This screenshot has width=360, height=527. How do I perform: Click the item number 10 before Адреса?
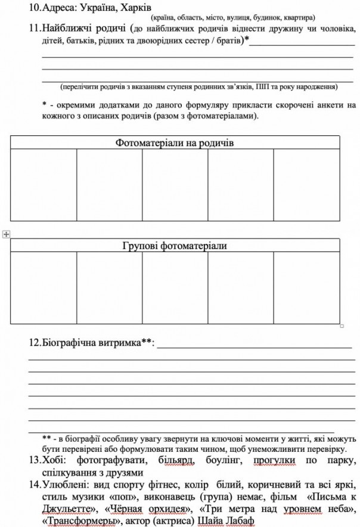pos(35,8)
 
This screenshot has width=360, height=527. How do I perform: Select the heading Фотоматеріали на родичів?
pos(175,142)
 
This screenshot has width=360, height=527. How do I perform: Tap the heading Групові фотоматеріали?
pos(175,246)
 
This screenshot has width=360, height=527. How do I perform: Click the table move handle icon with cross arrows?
pos(5,234)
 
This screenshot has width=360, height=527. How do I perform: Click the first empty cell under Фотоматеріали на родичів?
pos(44,184)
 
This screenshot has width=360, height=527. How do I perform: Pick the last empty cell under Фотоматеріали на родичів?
pos(306,184)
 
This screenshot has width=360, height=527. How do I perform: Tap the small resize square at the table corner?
pos(342,326)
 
